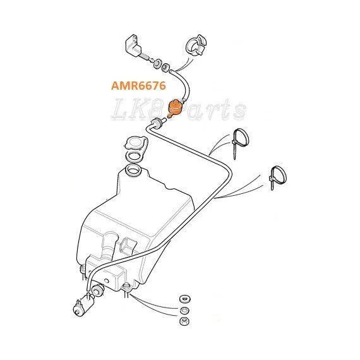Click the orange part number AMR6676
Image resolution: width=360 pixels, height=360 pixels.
click(x=138, y=86)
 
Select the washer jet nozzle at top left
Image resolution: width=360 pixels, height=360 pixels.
click(x=135, y=45)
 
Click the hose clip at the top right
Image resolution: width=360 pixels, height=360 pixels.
click(x=196, y=46)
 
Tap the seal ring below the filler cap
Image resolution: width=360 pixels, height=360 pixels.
click(x=135, y=157)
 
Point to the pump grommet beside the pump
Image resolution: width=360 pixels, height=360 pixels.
click(x=98, y=290)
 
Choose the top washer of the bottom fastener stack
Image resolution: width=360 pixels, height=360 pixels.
click(x=184, y=299)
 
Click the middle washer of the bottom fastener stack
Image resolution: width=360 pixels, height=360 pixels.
click(x=184, y=310)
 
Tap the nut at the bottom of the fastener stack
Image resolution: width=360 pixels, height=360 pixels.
click(x=184, y=321)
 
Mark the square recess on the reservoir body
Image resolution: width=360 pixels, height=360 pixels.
click(x=128, y=245)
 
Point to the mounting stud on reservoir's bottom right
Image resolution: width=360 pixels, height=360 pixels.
click(x=126, y=290)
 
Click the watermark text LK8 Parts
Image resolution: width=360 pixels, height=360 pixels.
click(x=179, y=109)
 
